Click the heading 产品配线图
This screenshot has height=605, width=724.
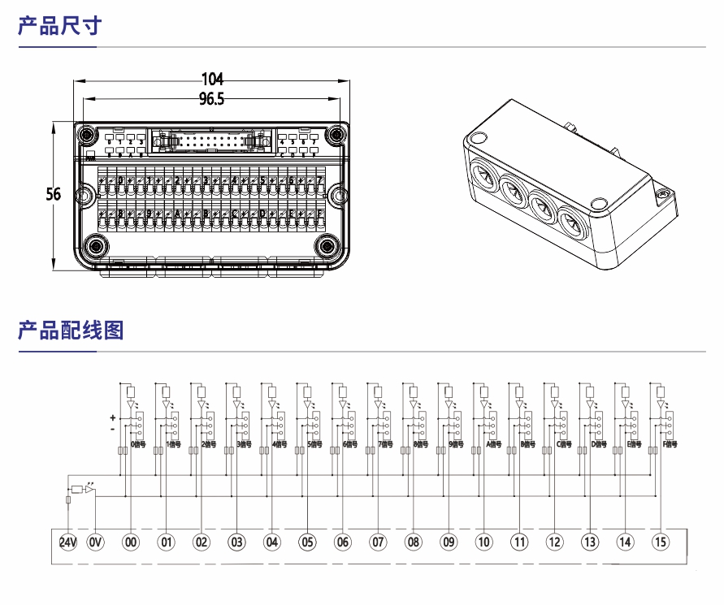tap(71, 331)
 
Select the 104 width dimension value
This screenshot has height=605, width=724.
tap(212, 80)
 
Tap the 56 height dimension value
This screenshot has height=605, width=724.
tap(54, 195)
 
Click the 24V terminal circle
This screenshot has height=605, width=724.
tap(68, 542)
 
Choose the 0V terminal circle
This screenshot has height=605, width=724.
tap(96, 542)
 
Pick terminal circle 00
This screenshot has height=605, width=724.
tap(131, 542)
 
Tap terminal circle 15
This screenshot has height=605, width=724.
tap(661, 542)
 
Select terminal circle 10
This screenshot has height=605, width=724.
tap(484, 542)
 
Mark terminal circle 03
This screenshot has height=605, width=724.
tap(237, 542)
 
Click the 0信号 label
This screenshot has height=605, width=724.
tap(138, 445)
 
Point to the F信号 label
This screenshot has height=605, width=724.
tap(670, 445)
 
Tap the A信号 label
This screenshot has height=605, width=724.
tap(493, 445)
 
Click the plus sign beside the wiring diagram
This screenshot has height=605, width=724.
tap(112, 417)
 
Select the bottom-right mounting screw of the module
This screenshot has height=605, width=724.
tap(327, 246)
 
